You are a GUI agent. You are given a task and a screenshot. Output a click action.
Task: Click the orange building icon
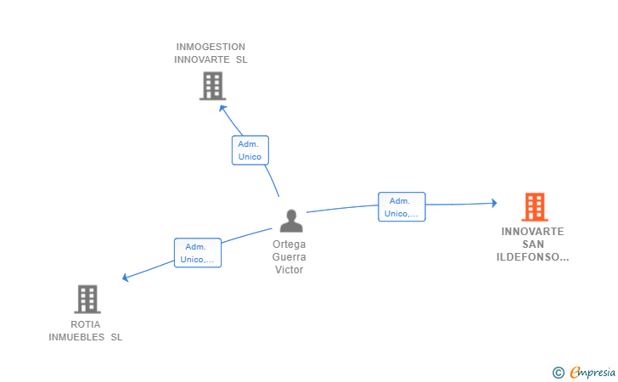coord(535,206)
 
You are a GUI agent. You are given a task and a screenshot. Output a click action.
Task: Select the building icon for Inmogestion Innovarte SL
coord(212,86)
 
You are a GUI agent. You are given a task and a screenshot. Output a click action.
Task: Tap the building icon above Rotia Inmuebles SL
coord(87,299)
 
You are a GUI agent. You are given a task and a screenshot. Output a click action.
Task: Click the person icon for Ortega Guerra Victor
coord(291,221)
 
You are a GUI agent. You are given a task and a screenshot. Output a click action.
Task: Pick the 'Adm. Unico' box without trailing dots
coord(250,150)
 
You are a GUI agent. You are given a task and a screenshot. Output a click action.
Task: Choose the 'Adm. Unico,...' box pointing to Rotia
coord(198,253)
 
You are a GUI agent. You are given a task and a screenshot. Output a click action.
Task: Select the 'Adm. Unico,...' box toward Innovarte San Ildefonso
coord(402,207)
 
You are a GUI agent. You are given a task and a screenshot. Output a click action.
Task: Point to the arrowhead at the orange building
coord(494,203)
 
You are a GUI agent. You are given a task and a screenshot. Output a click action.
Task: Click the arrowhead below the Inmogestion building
coord(222,109)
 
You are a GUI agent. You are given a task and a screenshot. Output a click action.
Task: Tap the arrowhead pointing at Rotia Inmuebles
coord(126,277)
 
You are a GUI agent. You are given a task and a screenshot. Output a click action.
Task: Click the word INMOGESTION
coord(211,47)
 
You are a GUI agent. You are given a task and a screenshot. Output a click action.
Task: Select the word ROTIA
coord(86,324)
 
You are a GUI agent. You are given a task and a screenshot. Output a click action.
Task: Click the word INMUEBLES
coord(76,337)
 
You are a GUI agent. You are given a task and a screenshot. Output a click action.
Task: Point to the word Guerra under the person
coord(289,257)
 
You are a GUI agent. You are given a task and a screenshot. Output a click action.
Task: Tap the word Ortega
coord(289,244)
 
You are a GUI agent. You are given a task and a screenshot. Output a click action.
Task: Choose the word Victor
coord(289,270)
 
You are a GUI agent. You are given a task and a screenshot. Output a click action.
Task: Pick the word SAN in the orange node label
coord(533,244)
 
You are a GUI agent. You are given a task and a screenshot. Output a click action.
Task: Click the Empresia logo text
coord(593,373)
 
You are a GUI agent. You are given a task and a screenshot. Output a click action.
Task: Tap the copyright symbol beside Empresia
coord(559,373)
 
